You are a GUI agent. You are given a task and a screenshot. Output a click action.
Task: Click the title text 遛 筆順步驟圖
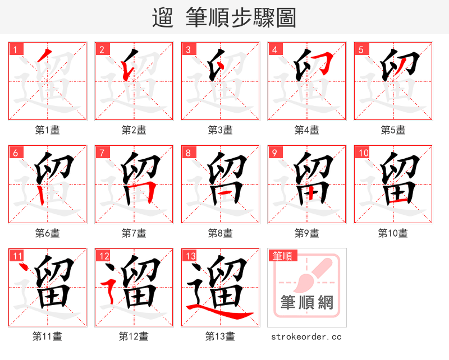224,17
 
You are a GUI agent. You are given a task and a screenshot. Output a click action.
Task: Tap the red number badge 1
15,49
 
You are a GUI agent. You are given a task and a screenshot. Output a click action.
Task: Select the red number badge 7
102,153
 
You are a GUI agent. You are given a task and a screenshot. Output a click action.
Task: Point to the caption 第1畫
48,130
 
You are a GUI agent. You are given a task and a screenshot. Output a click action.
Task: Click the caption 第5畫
393,130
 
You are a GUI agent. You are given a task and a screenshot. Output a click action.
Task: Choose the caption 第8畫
220,233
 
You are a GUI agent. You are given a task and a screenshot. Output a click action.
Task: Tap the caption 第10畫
393,233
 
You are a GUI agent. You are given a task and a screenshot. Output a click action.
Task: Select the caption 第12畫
134,336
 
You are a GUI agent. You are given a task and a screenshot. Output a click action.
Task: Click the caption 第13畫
220,336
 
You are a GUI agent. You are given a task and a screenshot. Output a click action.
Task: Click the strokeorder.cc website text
306,336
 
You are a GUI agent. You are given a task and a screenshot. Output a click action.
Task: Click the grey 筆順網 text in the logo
306,303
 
